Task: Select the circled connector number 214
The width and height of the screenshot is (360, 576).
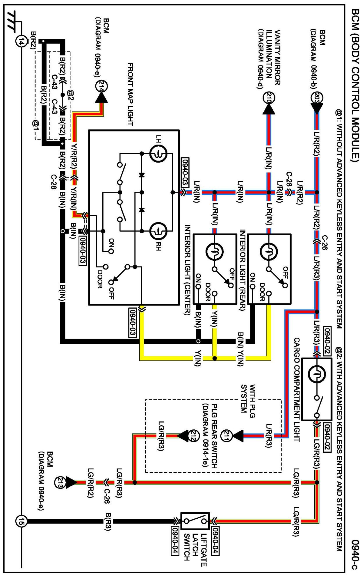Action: [x=101, y=86]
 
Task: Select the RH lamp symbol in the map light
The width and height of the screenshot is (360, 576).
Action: [x=158, y=231]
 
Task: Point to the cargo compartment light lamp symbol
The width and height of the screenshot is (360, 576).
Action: [x=317, y=374]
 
